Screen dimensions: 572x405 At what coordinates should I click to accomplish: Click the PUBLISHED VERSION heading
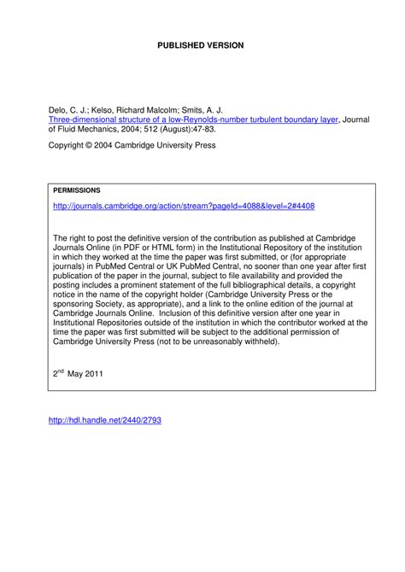pos(201,44)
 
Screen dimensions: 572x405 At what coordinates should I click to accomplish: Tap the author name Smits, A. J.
pos(207,111)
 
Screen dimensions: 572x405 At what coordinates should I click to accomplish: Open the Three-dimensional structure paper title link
pos(192,120)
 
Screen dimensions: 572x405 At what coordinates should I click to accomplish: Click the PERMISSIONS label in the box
pos(77,190)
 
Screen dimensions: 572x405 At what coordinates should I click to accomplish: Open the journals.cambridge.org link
pos(184,207)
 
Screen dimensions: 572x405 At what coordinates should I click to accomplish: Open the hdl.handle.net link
pos(104,420)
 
